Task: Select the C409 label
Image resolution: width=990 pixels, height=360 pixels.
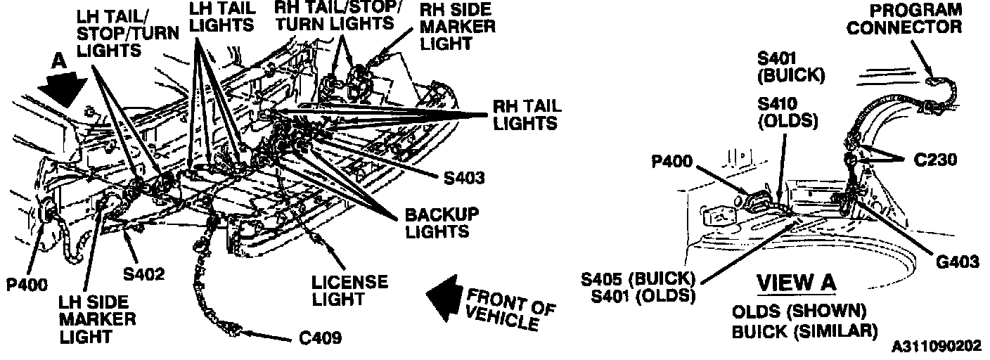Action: click(320, 338)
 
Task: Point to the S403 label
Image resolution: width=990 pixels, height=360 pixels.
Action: click(464, 178)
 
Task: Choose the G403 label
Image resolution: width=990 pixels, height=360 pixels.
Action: click(958, 262)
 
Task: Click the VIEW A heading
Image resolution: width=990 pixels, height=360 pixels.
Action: click(797, 283)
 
